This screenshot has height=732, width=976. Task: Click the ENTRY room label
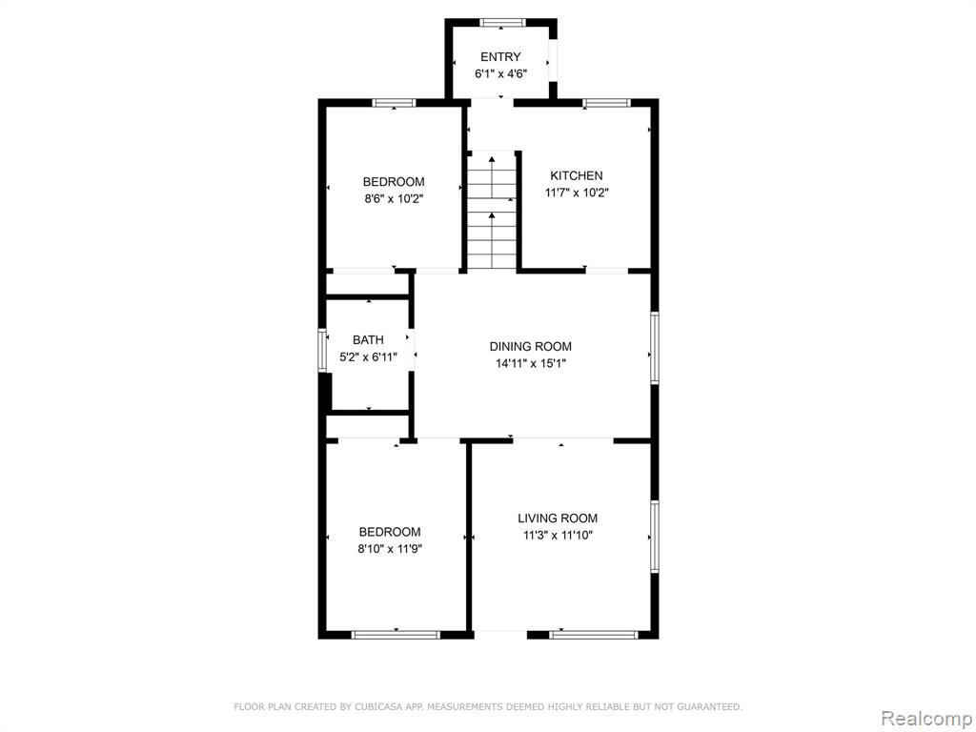[x=500, y=56]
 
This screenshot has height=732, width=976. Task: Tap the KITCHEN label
[x=577, y=175]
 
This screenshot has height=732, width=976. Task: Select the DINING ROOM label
[x=530, y=346]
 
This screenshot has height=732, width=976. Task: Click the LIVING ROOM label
[x=558, y=518]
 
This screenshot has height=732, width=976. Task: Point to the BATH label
[x=368, y=340]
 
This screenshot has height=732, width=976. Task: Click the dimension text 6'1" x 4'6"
[x=501, y=74]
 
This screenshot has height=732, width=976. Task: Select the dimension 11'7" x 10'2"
[x=577, y=193]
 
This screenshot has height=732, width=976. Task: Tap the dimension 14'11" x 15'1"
[x=530, y=363]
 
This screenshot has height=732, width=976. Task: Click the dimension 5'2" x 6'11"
[x=368, y=357]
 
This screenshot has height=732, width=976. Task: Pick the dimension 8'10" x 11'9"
[x=390, y=549]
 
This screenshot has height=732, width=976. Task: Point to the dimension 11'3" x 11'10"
[x=558, y=535]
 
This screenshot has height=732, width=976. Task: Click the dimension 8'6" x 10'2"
[x=394, y=199]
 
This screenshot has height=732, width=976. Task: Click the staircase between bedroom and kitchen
[x=492, y=211]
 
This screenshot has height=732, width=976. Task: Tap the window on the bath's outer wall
[x=322, y=350]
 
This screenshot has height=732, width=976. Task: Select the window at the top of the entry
[x=502, y=23]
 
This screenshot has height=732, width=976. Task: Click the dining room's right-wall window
[x=654, y=347]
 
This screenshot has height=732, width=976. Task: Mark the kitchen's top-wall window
[x=606, y=103]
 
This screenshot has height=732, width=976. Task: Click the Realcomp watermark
[x=925, y=718]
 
